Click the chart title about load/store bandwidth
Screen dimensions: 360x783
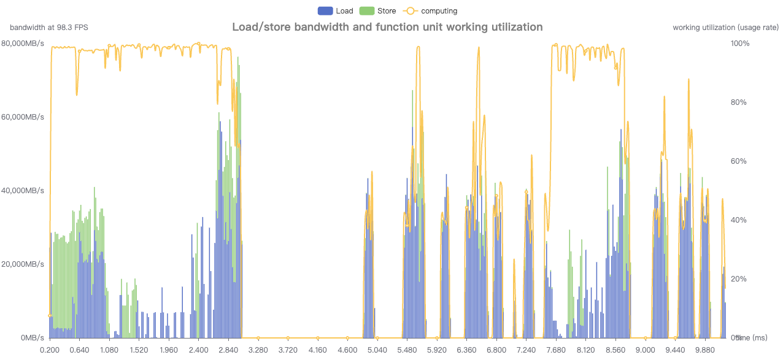(387, 27)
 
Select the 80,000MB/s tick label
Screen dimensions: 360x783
(23, 44)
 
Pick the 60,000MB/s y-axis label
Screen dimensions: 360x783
(23, 117)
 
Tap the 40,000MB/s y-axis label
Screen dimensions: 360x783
(23, 191)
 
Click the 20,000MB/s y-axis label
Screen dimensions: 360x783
(23, 264)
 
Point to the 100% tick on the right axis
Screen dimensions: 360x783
(739, 44)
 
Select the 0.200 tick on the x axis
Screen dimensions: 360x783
(50, 350)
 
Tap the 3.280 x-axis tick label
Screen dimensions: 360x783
(258, 350)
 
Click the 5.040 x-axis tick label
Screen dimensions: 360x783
(377, 350)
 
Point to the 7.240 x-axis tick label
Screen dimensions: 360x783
(526, 350)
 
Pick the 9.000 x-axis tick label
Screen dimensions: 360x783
(645, 350)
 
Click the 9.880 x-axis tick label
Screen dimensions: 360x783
(704, 350)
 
